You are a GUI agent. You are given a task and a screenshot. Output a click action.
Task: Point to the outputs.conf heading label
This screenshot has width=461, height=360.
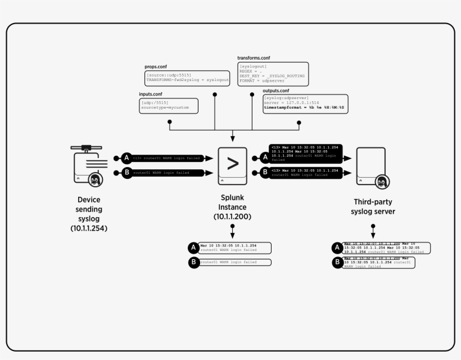[x=276, y=91]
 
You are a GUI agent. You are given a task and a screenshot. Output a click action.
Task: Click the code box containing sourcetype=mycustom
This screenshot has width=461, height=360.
[x=168, y=106]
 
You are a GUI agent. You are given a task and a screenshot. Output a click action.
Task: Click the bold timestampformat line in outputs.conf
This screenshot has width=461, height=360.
[x=304, y=107]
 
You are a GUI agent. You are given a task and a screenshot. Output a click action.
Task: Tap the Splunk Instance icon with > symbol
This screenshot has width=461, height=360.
[x=232, y=165]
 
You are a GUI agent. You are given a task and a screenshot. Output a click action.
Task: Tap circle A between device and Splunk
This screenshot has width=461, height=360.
[x=127, y=159]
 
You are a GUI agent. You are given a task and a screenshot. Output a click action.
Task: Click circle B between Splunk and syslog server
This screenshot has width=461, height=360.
[x=265, y=172]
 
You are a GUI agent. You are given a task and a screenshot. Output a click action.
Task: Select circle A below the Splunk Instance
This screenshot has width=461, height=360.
[x=193, y=247]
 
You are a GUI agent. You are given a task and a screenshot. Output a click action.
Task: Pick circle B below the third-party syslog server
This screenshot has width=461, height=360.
[x=337, y=262]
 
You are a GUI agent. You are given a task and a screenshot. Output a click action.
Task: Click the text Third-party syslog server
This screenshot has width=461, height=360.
[x=373, y=206]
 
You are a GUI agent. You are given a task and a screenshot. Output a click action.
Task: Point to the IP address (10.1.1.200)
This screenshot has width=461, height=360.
[x=232, y=217]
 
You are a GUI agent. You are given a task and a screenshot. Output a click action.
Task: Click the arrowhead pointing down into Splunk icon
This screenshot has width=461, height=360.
[x=232, y=139]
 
